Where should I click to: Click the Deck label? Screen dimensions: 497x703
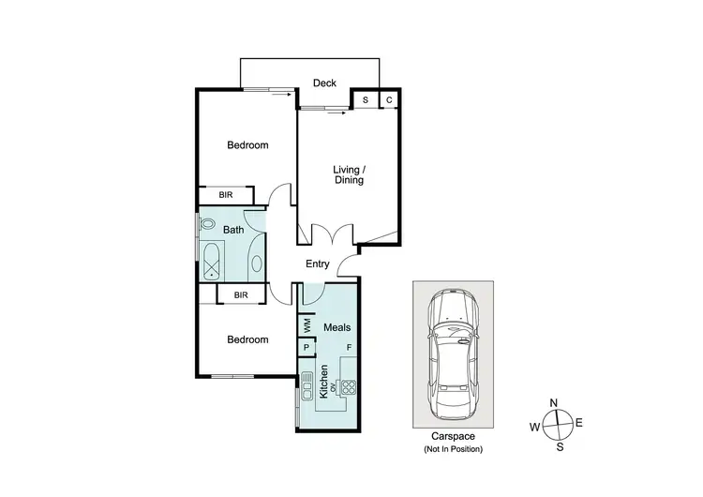tap(324, 83)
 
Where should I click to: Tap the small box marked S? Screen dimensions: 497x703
tap(365, 99)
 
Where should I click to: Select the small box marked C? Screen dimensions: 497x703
tap(388, 99)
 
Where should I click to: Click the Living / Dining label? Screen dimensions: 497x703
tap(349, 174)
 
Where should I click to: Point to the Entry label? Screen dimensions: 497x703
tap(318, 264)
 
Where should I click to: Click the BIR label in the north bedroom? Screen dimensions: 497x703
tap(226, 195)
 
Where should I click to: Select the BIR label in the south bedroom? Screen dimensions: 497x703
tap(241, 294)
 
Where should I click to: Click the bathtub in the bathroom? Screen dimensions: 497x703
tap(212, 261)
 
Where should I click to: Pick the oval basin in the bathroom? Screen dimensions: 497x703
tap(257, 264)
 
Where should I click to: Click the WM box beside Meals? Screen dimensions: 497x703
tap(307, 324)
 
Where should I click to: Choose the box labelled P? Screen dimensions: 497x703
tap(307, 348)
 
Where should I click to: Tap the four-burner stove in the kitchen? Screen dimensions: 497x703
tap(349, 385)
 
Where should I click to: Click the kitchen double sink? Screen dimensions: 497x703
tap(307, 387)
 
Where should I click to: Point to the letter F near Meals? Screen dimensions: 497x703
tap(349, 348)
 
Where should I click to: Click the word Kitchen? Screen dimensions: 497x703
tap(324, 383)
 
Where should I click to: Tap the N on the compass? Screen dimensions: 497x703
tap(554, 403)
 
